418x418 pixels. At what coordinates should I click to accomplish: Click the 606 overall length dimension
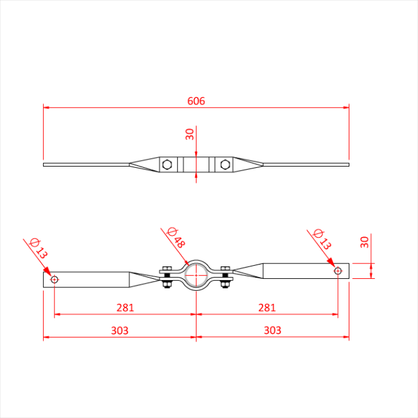pos(196,101)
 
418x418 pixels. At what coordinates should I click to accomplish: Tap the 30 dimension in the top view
pos(190,134)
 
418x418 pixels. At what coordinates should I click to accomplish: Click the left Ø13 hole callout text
pos(38,248)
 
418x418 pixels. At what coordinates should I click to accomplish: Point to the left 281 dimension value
pos(125,308)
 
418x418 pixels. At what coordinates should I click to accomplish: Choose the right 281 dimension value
pos(267,308)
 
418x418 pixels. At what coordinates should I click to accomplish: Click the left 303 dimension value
pos(119,330)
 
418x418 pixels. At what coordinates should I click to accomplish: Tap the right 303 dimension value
pos(272,330)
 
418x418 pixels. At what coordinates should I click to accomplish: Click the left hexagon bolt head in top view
pos(168,164)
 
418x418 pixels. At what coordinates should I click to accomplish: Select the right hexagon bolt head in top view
pos(225,164)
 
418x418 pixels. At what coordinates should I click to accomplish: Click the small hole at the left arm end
pos(54,279)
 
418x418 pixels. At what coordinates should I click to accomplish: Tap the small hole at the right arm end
pos(338,271)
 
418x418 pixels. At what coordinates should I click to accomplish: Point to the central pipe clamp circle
pos(196,275)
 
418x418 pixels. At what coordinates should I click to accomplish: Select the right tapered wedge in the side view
pos(249,272)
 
